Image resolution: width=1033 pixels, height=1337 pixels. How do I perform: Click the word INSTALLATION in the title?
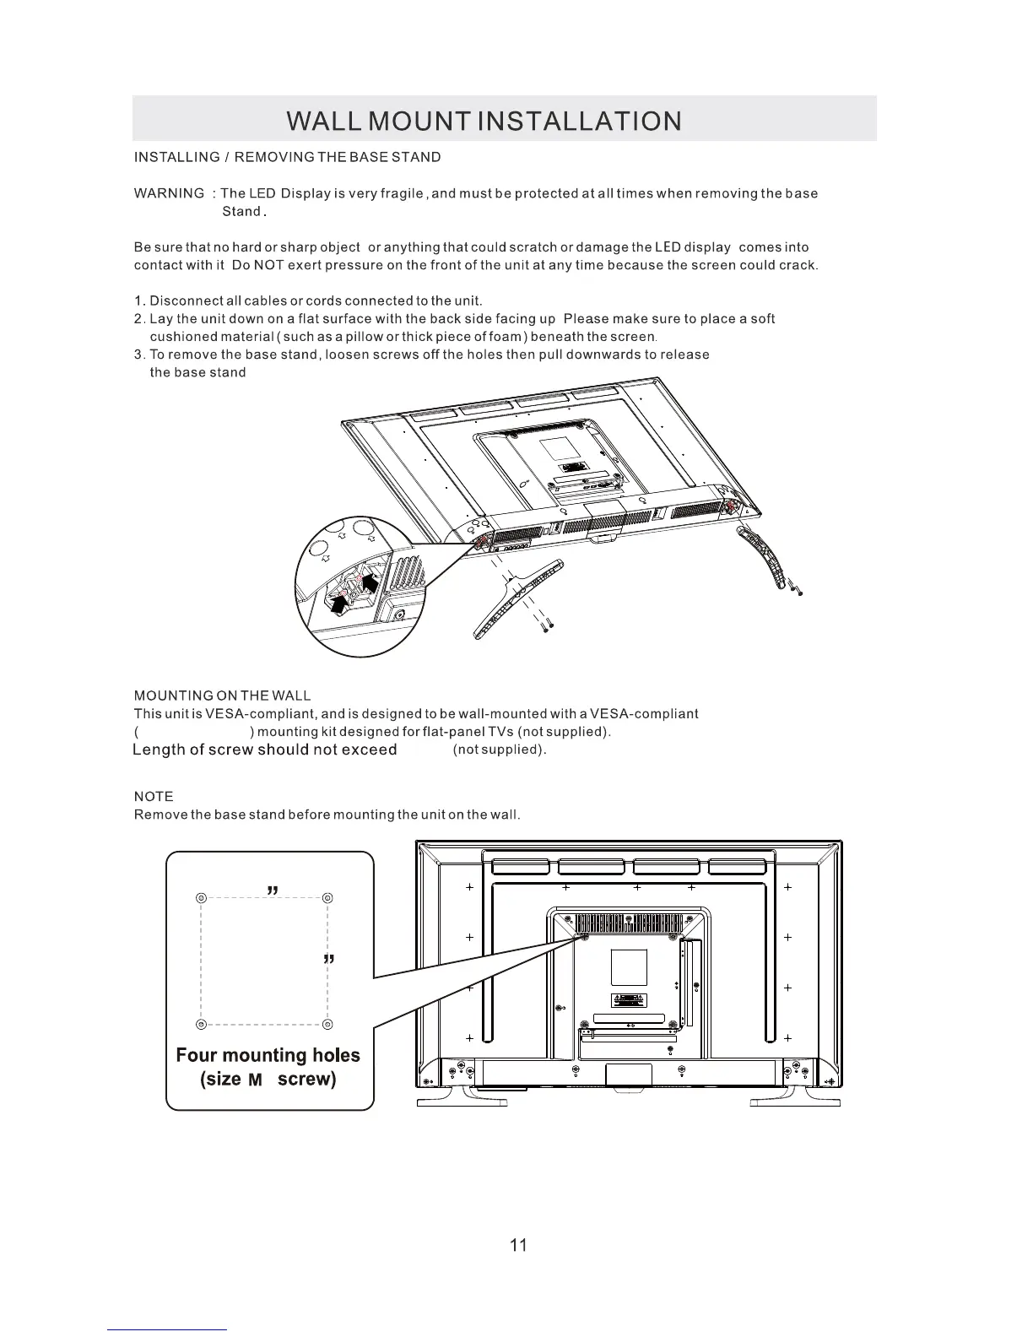click(x=579, y=122)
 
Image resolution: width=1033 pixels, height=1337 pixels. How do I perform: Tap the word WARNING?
click(x=169, y=193)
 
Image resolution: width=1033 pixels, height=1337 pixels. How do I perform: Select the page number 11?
click(x=518, y=1245)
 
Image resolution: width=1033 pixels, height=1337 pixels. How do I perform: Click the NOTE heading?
click(x=154, y=797)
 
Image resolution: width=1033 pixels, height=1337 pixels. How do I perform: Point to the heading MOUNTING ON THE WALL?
click(x=223, y=696)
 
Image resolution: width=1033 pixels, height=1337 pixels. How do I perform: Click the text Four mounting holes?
click(x=268, y=1055)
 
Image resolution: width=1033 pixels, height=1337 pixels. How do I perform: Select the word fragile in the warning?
click(x=401, y=193)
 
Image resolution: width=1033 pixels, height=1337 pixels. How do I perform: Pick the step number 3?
click(x=139, y=355)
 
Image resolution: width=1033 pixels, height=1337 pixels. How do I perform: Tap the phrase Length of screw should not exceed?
click(x=265, y=750)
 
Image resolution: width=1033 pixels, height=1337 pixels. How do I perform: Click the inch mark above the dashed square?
click(x=273, y=890)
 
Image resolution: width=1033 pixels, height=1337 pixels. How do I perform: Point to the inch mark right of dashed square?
click(x=330, y=961)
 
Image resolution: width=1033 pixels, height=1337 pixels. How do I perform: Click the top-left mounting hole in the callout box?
click(x=201, y=897)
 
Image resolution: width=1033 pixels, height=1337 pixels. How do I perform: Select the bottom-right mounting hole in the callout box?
click(x=327, y=1024)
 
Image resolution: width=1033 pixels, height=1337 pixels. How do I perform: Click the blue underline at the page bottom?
click(x=167, y=1329)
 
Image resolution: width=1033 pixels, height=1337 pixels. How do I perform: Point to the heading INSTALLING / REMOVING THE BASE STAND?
click(x=287, y=157)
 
